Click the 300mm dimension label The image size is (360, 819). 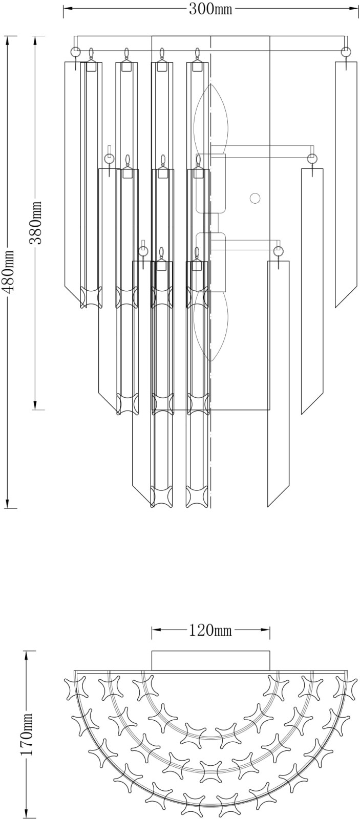[x=210, y=9]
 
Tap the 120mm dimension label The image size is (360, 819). [x=210, y=630]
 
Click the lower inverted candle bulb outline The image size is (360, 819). [x=211, y=326]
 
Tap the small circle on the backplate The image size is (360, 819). [x=255, y=198]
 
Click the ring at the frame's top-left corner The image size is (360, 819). [x=76, y=51]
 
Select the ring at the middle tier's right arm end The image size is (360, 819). [x=312, y=159]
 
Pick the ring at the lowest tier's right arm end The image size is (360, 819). [x=279, y=251]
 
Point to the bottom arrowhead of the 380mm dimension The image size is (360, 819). [x=36, y=404]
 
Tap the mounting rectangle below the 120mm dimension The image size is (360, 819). [x=211, y=661]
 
